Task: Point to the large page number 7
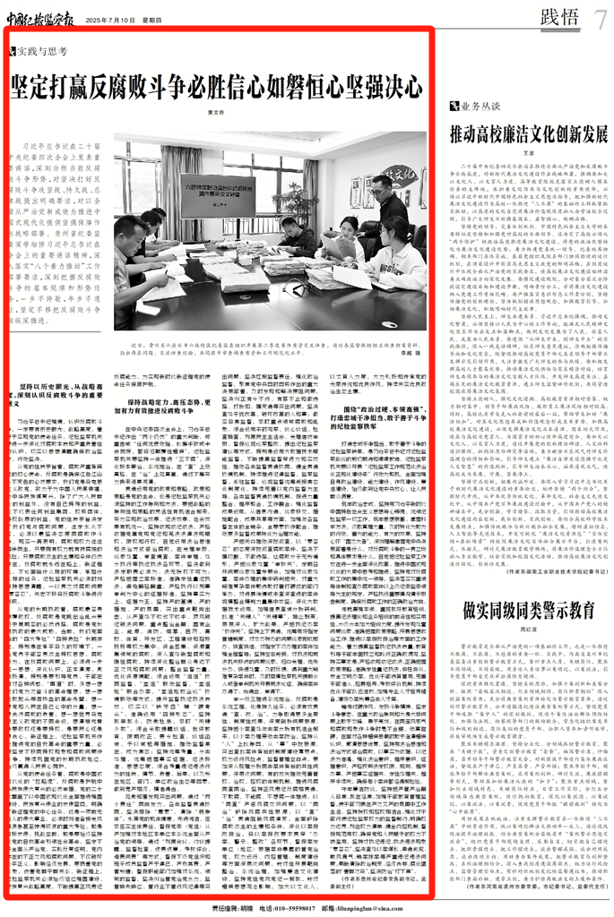(x=601, y=14)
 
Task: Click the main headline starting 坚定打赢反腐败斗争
(x=215, y=88)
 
